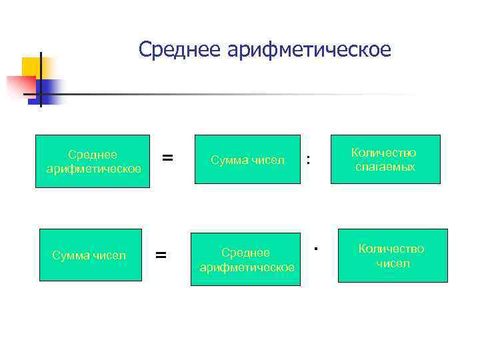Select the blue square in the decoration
point(50,90)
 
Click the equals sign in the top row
point(168,158)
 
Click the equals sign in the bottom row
point(161,254)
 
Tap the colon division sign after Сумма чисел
point(307,159)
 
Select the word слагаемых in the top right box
point(385,167)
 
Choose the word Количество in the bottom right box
point(392,249)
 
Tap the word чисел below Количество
point(393,263)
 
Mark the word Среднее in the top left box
point(93,155)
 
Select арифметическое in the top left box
point(93,169)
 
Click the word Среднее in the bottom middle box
point(245,253)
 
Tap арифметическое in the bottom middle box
point(247,267)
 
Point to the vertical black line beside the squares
point(41,80)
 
